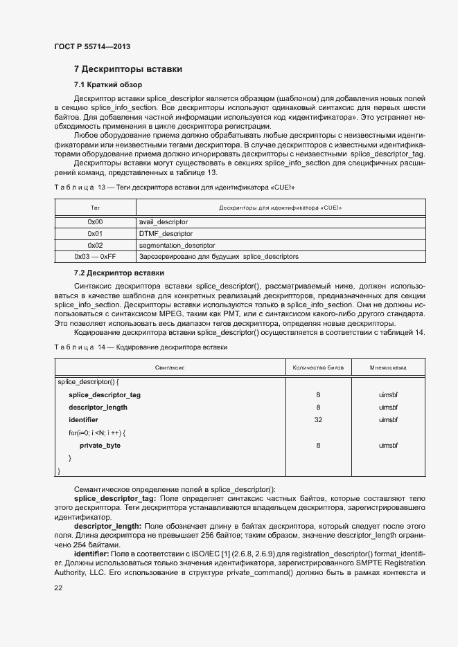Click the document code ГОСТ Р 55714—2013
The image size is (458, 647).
[91, 46]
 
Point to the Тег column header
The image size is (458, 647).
[95, 208]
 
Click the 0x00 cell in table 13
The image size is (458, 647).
[95, 221]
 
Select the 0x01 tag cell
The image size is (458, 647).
[95, 233]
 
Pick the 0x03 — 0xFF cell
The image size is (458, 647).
[95, 257]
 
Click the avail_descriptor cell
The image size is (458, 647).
[164, 221]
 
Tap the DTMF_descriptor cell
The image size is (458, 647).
[166, 233]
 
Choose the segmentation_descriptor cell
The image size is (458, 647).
[177, 245]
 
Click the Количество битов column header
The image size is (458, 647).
[318, 368]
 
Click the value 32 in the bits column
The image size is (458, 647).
[318, 420]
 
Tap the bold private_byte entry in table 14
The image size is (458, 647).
[100, 446]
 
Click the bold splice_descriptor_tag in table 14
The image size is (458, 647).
[105, 394]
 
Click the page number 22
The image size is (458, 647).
[58, 587]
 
